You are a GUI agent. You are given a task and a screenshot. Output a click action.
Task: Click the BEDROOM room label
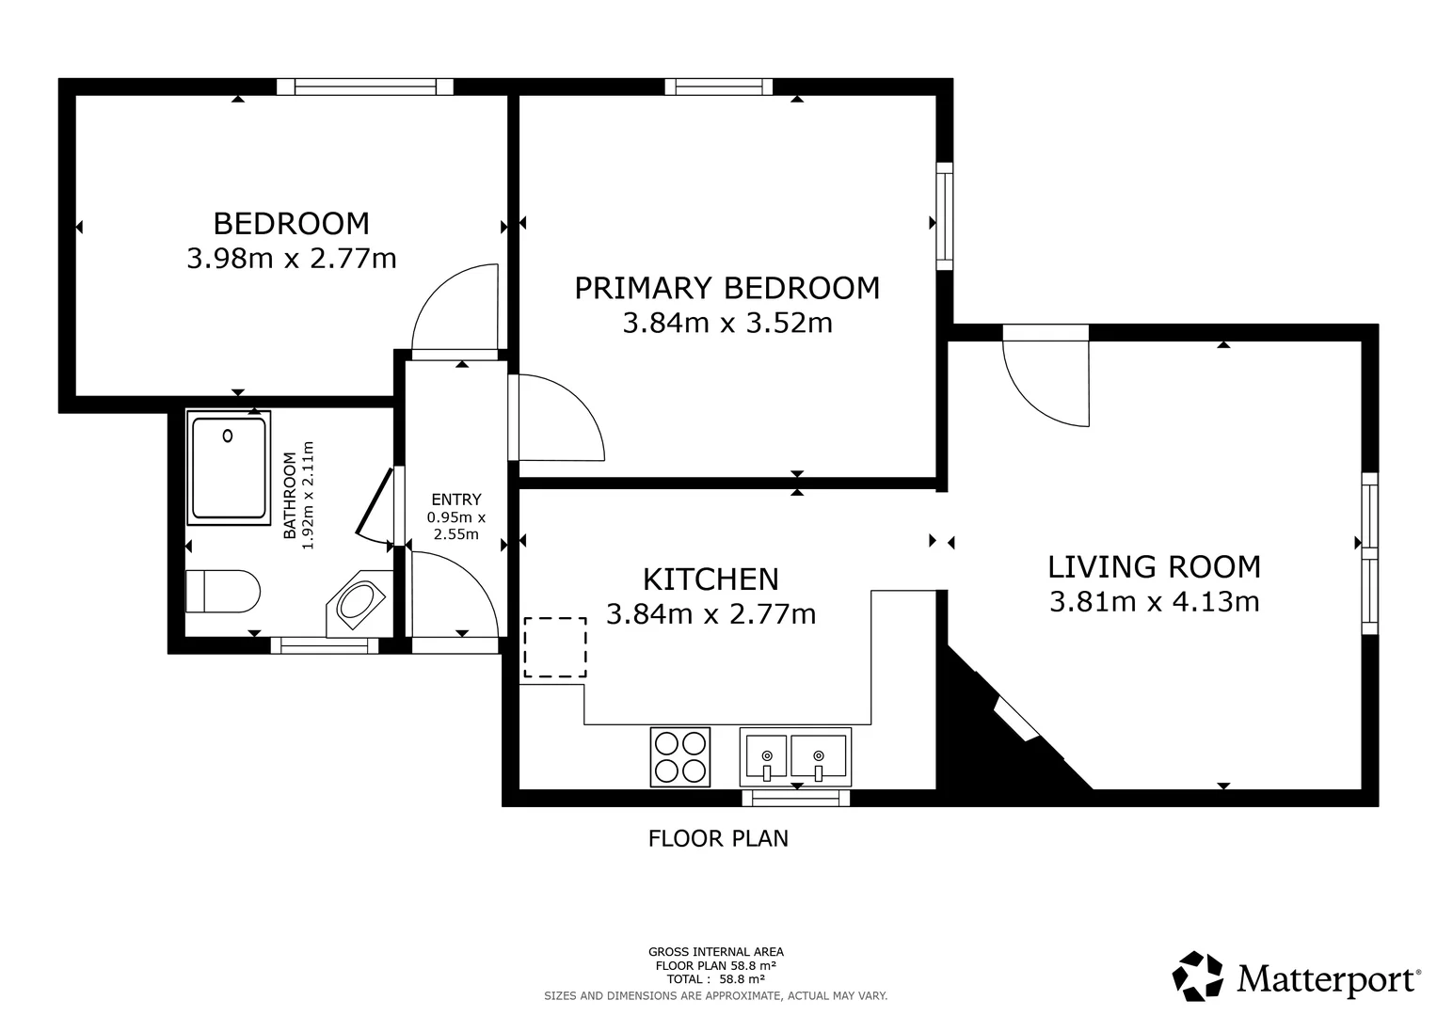pyautogui.click(x=291, y=224)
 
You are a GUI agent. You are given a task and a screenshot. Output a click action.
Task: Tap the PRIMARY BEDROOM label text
pyautogui.click(x=726, y=288)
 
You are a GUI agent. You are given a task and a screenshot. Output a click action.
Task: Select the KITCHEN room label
pyautogui.click(x=711, y=579)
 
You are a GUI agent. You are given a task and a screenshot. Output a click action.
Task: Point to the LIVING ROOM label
pyautogui.click(x=1154, y=567)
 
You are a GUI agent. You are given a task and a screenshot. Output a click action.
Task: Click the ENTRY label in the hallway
pyautogui.click(x=456, y=499)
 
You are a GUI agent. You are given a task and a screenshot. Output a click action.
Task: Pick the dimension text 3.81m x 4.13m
pyautogui.click(x=1154, y=602)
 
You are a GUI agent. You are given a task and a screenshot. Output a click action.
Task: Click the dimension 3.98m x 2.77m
pyautogui.click(x=291, y=259)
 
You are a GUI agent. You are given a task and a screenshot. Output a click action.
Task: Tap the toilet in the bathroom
pyautogui.click(x=223, y=592)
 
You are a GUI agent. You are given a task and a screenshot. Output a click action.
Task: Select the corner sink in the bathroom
pyautogui.click(x=359, y=604)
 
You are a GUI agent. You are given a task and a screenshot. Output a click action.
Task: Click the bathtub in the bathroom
pyautogui.click(x=229, y=468)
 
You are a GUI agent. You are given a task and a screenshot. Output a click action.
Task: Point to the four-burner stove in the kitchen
pyautogui.click(x=680, y=757)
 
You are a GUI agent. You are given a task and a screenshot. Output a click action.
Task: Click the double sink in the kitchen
pyautogui.click(x=795, y=757)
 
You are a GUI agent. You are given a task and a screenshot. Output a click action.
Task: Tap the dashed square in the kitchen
pyautogui.click(x=555, y=647)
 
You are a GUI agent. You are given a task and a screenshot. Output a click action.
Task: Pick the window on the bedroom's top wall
pyautogui.click(x=365, y=87)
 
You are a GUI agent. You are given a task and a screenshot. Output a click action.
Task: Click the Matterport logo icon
pyautogui.click(x=1198, y=976)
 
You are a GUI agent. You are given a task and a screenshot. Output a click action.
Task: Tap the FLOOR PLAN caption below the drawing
pyautogui.click(x=718, y=838)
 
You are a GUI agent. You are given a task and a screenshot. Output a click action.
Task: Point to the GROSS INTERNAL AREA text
pyautogui.click(x=716, y=952)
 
